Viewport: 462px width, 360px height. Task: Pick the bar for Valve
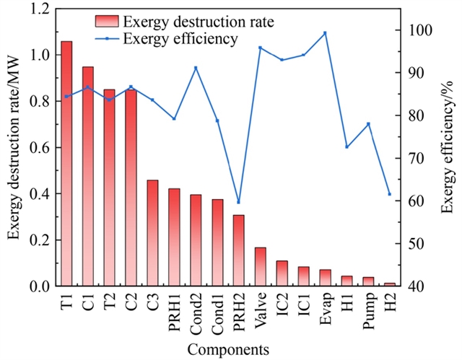tap(261, 267)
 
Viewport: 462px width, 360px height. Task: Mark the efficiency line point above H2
tap(390, 194)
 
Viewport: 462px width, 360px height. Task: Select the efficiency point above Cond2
tap(196, 68)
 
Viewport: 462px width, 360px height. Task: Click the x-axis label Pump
tap(369, 308)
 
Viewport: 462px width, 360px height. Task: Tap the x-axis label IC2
tap(283, 306)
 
